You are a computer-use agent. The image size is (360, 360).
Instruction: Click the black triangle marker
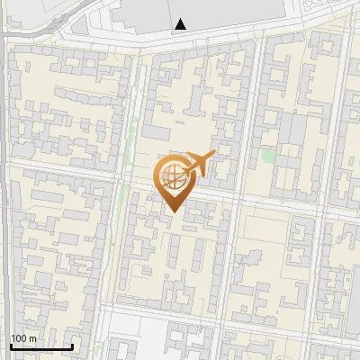click(x=182, y=24)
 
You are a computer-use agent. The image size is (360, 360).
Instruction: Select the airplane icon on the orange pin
click(x=199, y=165)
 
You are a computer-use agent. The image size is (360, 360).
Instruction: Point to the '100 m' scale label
click(x=23, y=338)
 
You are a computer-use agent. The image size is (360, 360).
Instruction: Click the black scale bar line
click(x=41, y=346)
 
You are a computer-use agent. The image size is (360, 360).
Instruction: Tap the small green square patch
click(x=268, y=156)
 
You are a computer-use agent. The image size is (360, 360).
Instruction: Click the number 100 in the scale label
click(x=19, y=338)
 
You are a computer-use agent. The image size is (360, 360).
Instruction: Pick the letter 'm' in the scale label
click(x=32, y=338)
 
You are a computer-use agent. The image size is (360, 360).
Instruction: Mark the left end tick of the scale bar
click(x=11, y=345)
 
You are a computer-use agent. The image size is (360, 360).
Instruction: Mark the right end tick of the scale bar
click(x=72, y=345)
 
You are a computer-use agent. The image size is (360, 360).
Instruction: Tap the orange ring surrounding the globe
click(x=159, y=178)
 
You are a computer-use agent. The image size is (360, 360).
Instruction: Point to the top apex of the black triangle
click(x=182, y=19)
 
